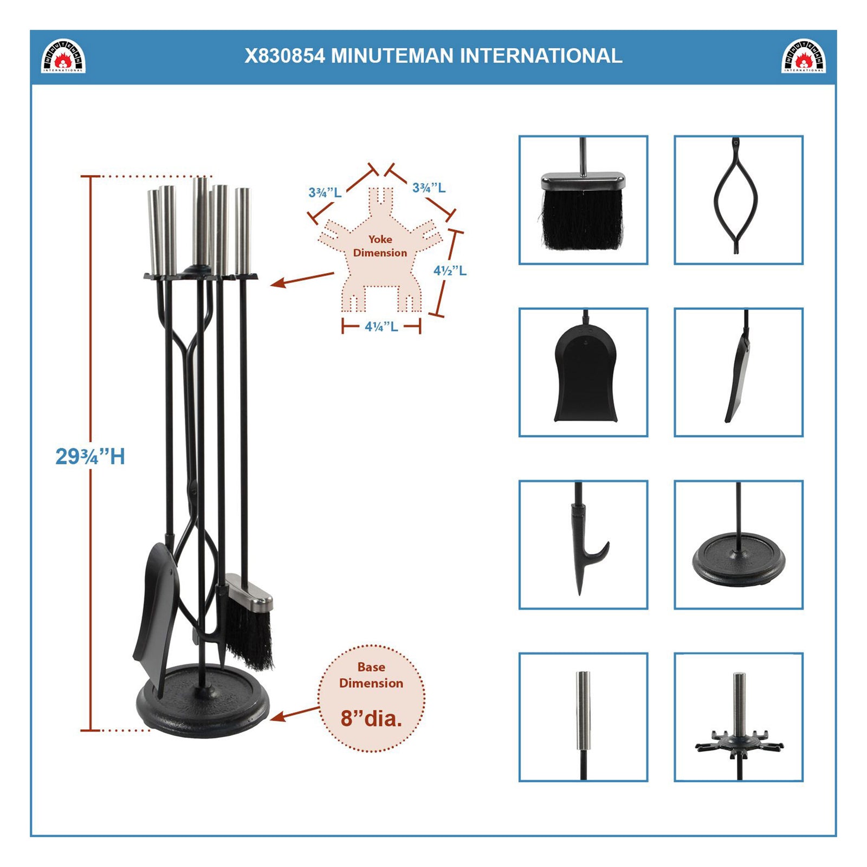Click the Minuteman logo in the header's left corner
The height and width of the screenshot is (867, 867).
click(x=64, y=56)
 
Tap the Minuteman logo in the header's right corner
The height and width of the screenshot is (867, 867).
click(x=804, y=56)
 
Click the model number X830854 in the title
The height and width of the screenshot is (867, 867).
click(x=284, y=56)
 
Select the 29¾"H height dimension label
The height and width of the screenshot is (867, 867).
click(x=90, y=456)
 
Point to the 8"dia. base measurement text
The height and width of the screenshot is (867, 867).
click(x=371, y=719)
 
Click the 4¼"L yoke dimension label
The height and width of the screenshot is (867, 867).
click(x=381, y=326)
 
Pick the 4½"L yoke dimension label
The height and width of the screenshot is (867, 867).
click(x=450, y=270)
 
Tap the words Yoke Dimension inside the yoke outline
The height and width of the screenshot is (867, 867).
click(x=380, y=246)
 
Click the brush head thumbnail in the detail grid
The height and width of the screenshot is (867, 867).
click(x=583, y=200)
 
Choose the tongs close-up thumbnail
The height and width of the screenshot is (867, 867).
click(x=738, y=200)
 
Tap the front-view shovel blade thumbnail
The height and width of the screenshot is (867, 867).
click(x=583, y=372)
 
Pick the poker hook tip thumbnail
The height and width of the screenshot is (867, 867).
click(x=583, y=545)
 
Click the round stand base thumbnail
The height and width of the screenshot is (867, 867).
click(x=738, y=545)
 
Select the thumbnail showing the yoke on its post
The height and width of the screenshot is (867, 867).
click(x=738, y=717)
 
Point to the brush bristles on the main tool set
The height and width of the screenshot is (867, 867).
click(x=249, y=637)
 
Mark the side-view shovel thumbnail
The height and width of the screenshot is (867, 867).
click(x=738, y=372)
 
